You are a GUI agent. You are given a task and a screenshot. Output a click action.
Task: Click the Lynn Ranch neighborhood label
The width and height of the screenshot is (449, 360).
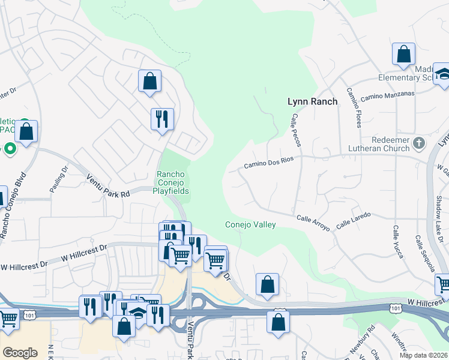click(312, 101)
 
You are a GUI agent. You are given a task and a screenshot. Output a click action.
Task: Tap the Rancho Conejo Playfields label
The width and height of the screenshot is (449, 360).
click(173, 183)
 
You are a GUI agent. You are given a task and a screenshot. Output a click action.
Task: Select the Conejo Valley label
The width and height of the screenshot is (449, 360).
click(250, 225)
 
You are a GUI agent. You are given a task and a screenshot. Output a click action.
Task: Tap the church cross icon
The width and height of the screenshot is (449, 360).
click(419, 143)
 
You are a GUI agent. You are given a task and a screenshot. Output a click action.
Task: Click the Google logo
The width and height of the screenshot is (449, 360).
click(20, 353)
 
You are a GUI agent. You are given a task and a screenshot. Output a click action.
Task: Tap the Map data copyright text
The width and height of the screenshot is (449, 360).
click(424, 355)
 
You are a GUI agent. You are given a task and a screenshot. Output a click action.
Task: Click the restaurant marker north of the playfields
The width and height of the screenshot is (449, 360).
click(162, 119)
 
